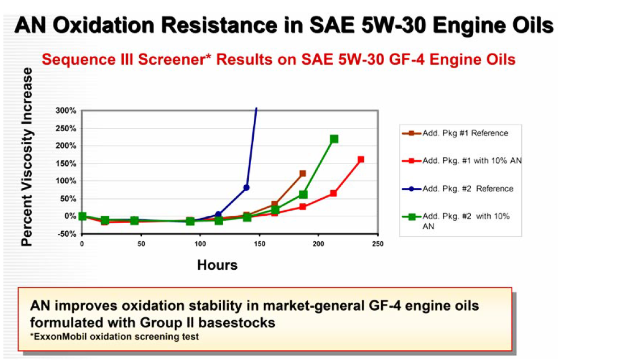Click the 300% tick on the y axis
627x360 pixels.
(x=66, y=111)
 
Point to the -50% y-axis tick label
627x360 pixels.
(x=67, y=233)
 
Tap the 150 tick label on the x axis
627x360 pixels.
(x=260, y=244)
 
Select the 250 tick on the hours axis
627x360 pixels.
(x=378, y=244)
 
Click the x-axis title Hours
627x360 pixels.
(x=217, y=265)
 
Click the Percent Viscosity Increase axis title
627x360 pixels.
(x=27, y=157)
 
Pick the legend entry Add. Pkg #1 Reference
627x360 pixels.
(x=455, y=133)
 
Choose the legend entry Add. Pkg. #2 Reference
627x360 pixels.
(x=457, y=189)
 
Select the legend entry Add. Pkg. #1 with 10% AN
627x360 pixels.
(x=462, y=161)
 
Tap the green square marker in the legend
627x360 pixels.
(x=411, y=217)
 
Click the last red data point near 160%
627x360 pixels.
(x=361, y=160)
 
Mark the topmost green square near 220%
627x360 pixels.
(x=334, y=139)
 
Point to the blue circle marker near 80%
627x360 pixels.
(x=246, y=187)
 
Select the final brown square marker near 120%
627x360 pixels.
(x=302, y=174)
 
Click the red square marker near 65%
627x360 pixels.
(x=333, y=194)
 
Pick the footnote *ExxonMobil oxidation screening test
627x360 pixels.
(x=114, y=337)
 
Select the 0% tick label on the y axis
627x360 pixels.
(x=70, y=216)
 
